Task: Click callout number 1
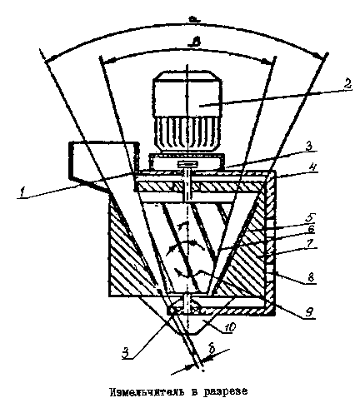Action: pos(22,192)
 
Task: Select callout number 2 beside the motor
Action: pos(347,83)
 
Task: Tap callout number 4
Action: pos(311,167)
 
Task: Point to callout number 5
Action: pos(310,216)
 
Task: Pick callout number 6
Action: pos(311,229)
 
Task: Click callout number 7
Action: pos(311,243)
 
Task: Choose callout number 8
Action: pos(311,277)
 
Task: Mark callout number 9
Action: pos(310,312)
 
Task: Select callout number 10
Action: pos(230,327)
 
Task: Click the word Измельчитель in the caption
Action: pos(147,391)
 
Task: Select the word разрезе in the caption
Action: pos(225,391)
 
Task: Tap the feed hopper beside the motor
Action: pos(103,166)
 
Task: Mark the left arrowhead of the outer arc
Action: pos(52,58)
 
